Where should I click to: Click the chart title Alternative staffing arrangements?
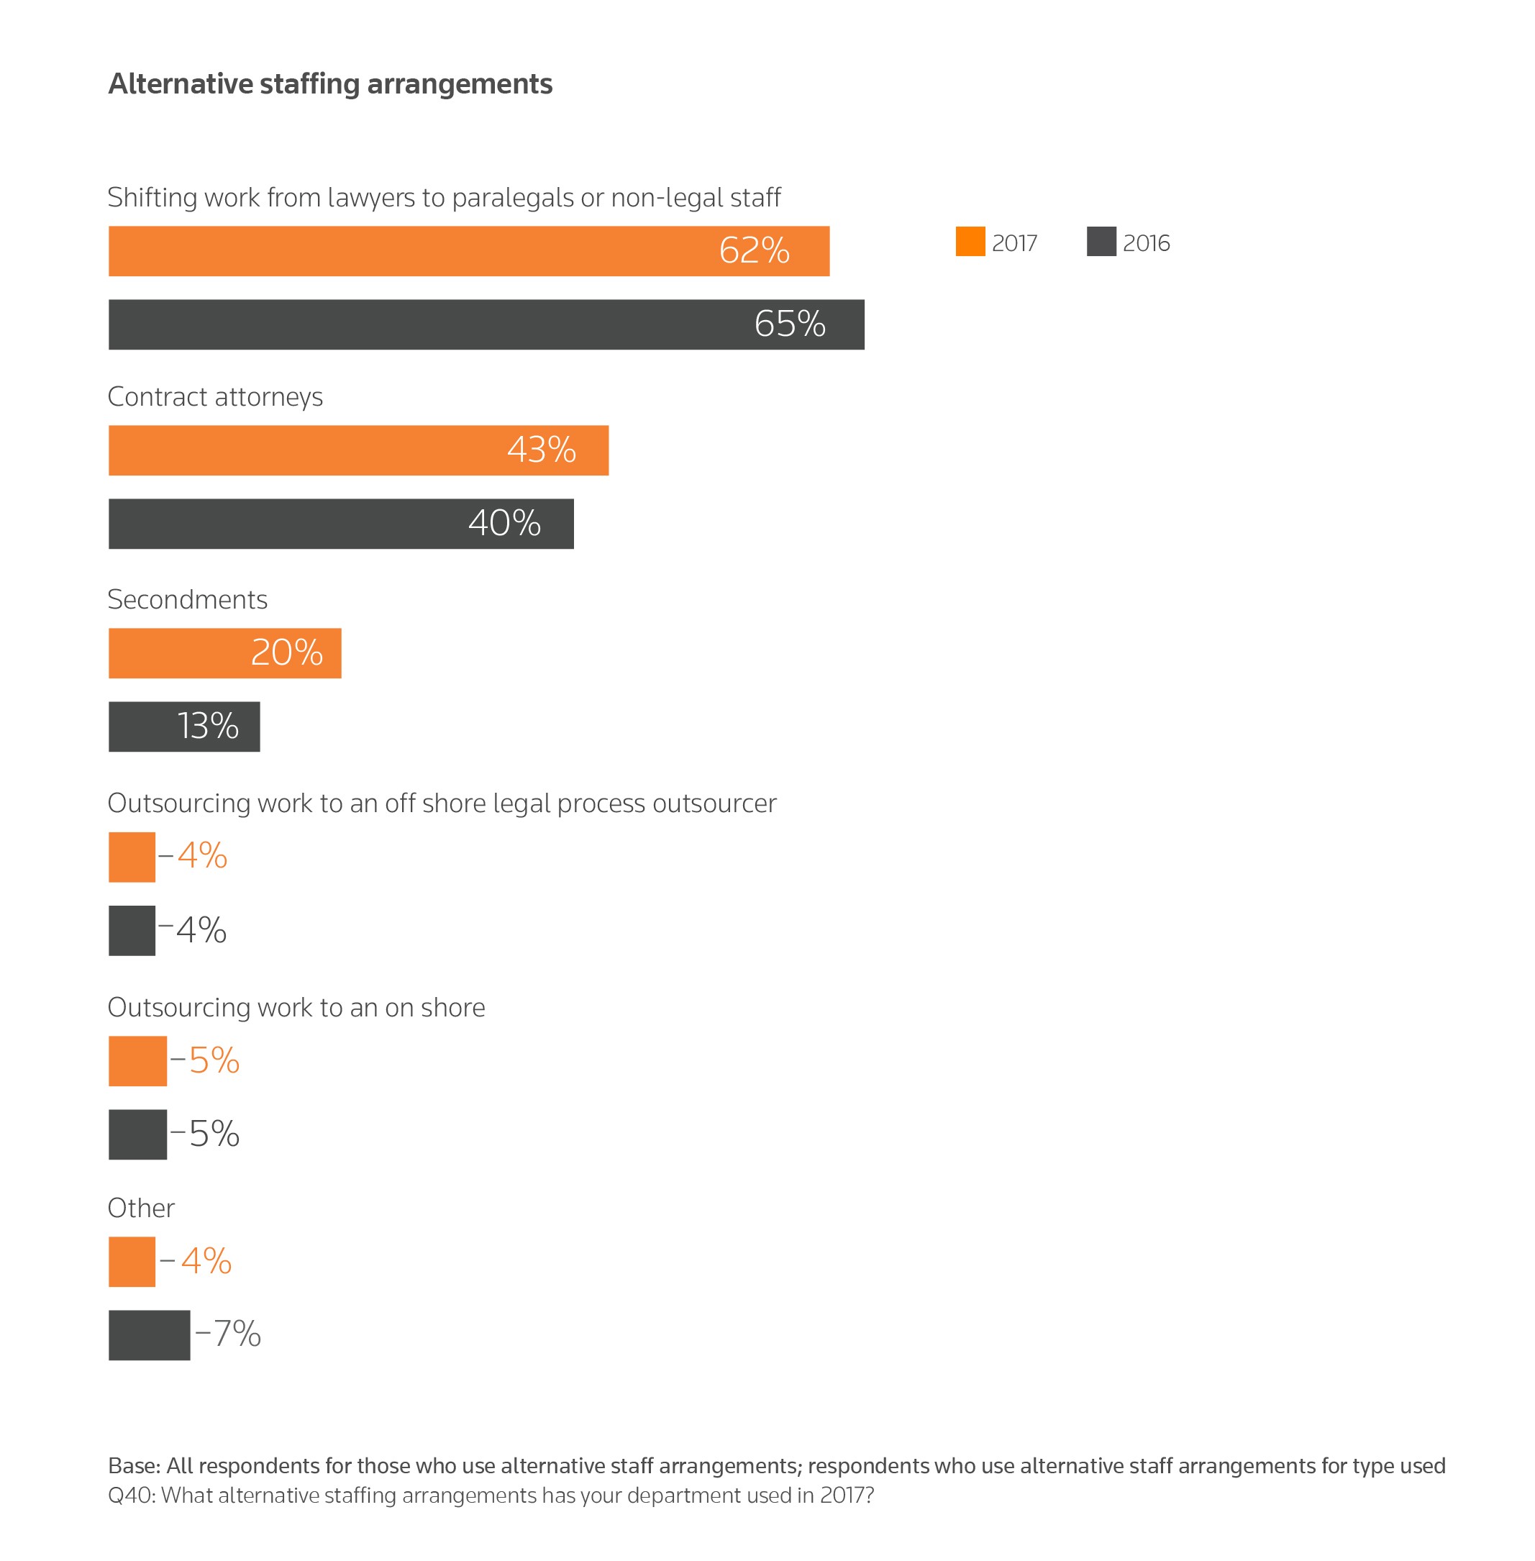(x=331, y=84)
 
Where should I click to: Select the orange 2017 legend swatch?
(x=970, y=242)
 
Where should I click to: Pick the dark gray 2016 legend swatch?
(x=1101, y=242)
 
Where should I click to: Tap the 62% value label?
(x=754, y=251)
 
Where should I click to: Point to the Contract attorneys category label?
(x=215, y=396)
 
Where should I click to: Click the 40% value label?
(x=505, y=523)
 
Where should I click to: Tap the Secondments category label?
(x=187, y=600)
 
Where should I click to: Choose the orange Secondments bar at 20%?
(x=224, y=653)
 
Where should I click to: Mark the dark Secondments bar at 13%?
(x=184, y=727)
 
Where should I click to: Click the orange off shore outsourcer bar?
(x=132, y=857)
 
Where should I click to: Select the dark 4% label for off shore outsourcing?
(x=201, y=930)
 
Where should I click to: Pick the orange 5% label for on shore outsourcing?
(x=214, y=1061)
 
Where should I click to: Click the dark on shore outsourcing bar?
(x=137, y=1134)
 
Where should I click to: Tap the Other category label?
(x=141, y=1208)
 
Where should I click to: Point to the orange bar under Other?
(x=132, y=1262)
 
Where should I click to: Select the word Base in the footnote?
(x=133, y=1465)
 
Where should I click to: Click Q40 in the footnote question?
(x=129, y=1495)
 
